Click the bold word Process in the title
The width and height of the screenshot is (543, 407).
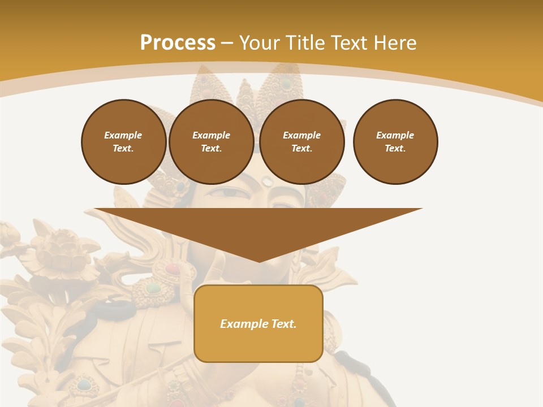coord(178,43)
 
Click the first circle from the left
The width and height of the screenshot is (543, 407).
coord(123,142)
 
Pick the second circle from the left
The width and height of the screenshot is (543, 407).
coord(211,142)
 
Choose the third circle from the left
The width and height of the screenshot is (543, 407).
coord(301,142)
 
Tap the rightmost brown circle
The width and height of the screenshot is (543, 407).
coord(395,142)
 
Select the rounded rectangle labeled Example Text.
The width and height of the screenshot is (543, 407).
coord(258,323)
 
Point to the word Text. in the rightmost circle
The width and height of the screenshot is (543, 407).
coord(395,149)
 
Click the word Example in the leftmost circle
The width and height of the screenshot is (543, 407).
coord(123,135)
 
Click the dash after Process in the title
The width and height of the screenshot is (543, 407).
coord(227,43)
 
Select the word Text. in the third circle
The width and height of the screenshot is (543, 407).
coord(301,149)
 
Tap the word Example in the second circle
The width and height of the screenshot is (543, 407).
coord(211,135)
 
